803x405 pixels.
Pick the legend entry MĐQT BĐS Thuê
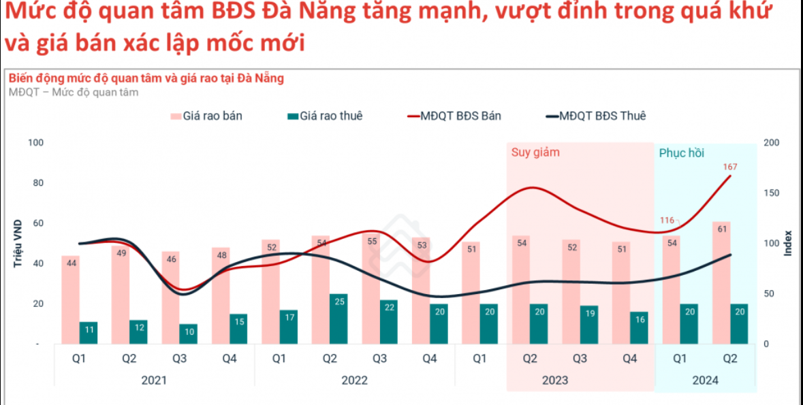tap(595, 116)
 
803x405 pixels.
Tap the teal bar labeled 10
tap(189, 334)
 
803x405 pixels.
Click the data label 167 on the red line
tap(730, 167)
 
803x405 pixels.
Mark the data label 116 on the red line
tap(667, 220)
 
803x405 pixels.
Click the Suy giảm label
tap(535, 152)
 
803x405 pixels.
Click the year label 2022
tap(354, 380)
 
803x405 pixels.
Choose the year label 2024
tap(705, 380)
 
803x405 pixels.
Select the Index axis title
tap(788, 243)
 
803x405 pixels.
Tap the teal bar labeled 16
tap(639, 328)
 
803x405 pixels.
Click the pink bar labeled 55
tap(371, 289)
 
